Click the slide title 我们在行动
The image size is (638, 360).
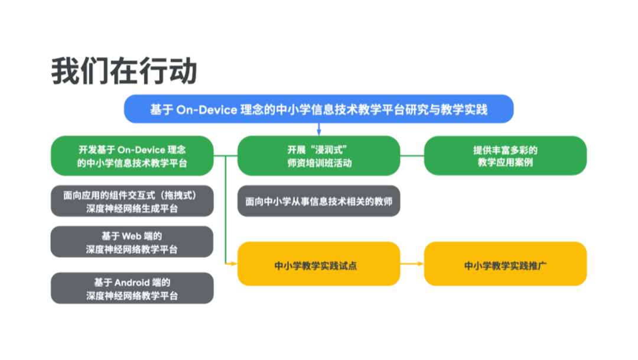(x=123, y=72)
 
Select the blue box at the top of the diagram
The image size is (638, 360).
(x=318, y=109)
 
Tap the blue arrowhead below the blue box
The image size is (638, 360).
(x=318, y=131)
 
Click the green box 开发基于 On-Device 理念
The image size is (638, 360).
(x=132, y=156)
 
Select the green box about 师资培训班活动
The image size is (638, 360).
(x=318, y=156)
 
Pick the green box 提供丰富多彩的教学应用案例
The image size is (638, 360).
(x=505, y=156)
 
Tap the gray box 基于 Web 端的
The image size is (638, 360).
(x=132, y=242)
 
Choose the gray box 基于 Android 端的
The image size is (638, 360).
(x=132, y=288)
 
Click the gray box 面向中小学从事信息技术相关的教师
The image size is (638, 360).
(x=318, y=202)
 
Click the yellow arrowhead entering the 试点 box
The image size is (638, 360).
(x=234, y=262)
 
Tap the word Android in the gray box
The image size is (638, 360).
(x=133, y=283)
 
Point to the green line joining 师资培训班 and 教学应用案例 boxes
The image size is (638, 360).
(x=412, y=156)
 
